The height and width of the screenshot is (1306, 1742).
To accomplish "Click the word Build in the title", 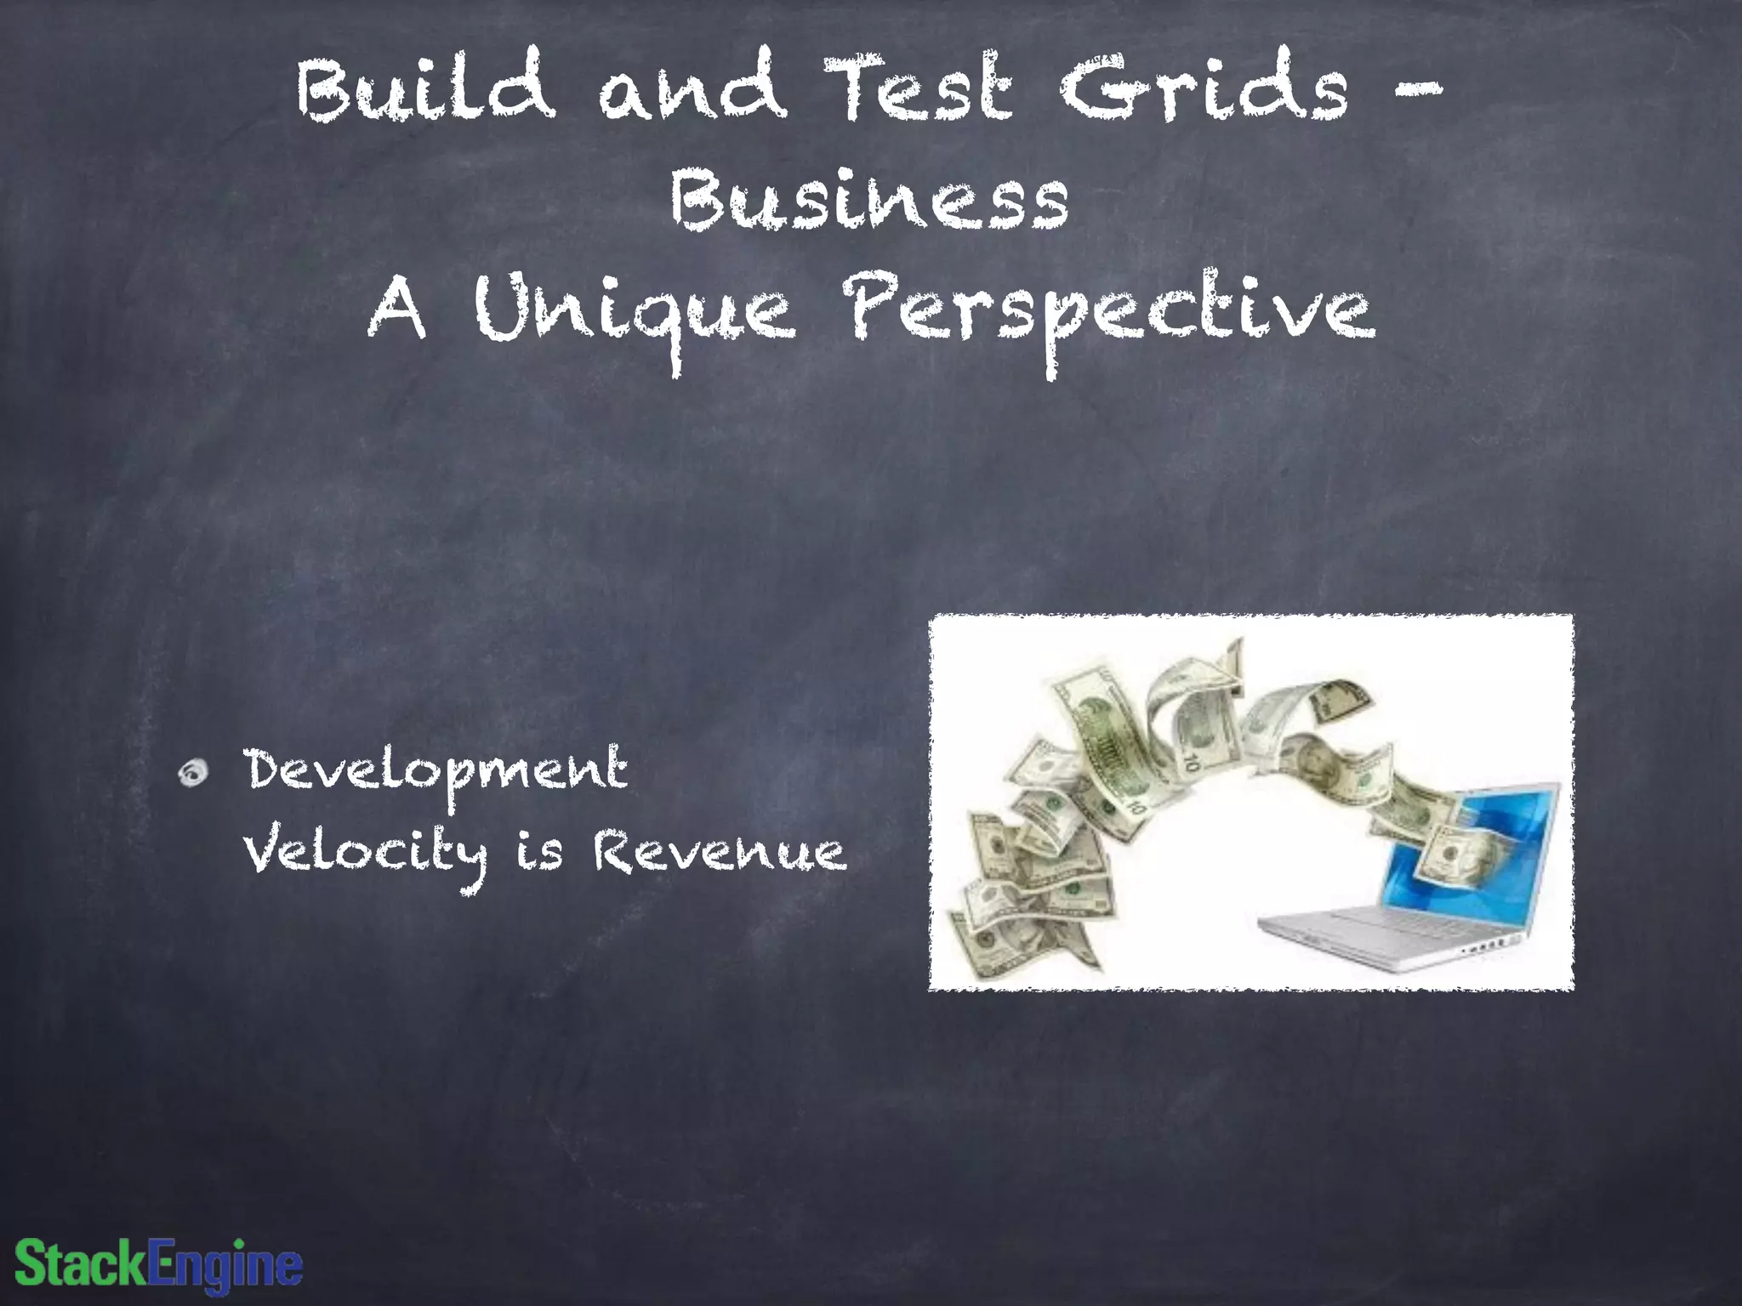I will click(425, 89).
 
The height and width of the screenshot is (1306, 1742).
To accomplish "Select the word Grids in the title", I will click(1204, 89).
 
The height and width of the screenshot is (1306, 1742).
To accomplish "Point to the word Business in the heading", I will click(869, 199).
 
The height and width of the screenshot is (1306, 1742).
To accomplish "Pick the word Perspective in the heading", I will click(1110, 315).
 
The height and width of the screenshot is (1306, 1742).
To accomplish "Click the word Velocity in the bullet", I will click(366, 854).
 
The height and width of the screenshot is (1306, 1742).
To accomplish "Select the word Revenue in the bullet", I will click(720, 854).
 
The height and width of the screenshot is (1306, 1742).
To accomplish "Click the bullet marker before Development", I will click(194, 772).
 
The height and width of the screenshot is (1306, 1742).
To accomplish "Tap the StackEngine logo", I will click(159, 1264).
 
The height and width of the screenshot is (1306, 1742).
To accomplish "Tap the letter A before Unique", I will click(397, 311).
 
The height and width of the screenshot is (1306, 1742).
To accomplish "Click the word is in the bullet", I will click(539, 854).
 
